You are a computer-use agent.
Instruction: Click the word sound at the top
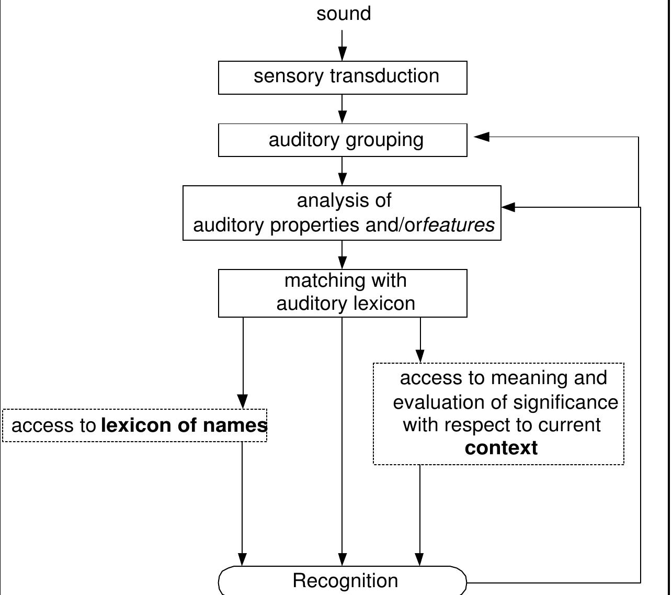pyautogui.click(x=344, y=14)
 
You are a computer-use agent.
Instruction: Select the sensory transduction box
pyautogui.click(x=343, y=77)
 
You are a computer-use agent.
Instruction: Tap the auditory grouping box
pyautogui.click(x=343, y=140)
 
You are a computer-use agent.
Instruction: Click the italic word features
pyautogui.click(x=459, y=225)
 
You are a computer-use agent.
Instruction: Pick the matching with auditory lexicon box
pyautogui.click(x=343, y=293)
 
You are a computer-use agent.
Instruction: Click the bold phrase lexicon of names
pyautogui.click(x=184, y=425)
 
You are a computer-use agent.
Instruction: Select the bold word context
pyautogui.click(x=501, y=448)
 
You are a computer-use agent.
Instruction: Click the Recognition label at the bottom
pyautogui.click(x=345, y=581)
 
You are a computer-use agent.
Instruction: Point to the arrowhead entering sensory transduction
pyautogui.click(x=342, y=54)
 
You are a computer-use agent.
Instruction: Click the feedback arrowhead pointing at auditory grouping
pyautogui.click(x=481, y=137)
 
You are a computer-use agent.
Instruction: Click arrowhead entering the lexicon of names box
pyautogui.click(x=243, y=401)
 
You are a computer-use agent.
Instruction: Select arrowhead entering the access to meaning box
pyautogui.click(x=420, y=355)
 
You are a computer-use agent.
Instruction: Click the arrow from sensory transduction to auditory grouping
pyautogui.click(x=342, y=109)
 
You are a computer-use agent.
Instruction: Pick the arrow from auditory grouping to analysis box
pyautogui.click(x=342, y=171)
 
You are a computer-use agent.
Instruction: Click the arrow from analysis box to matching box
pyautogui.click(x=342, y=255)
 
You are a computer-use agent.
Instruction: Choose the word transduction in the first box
pyautogui.click(x=384, y=76)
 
